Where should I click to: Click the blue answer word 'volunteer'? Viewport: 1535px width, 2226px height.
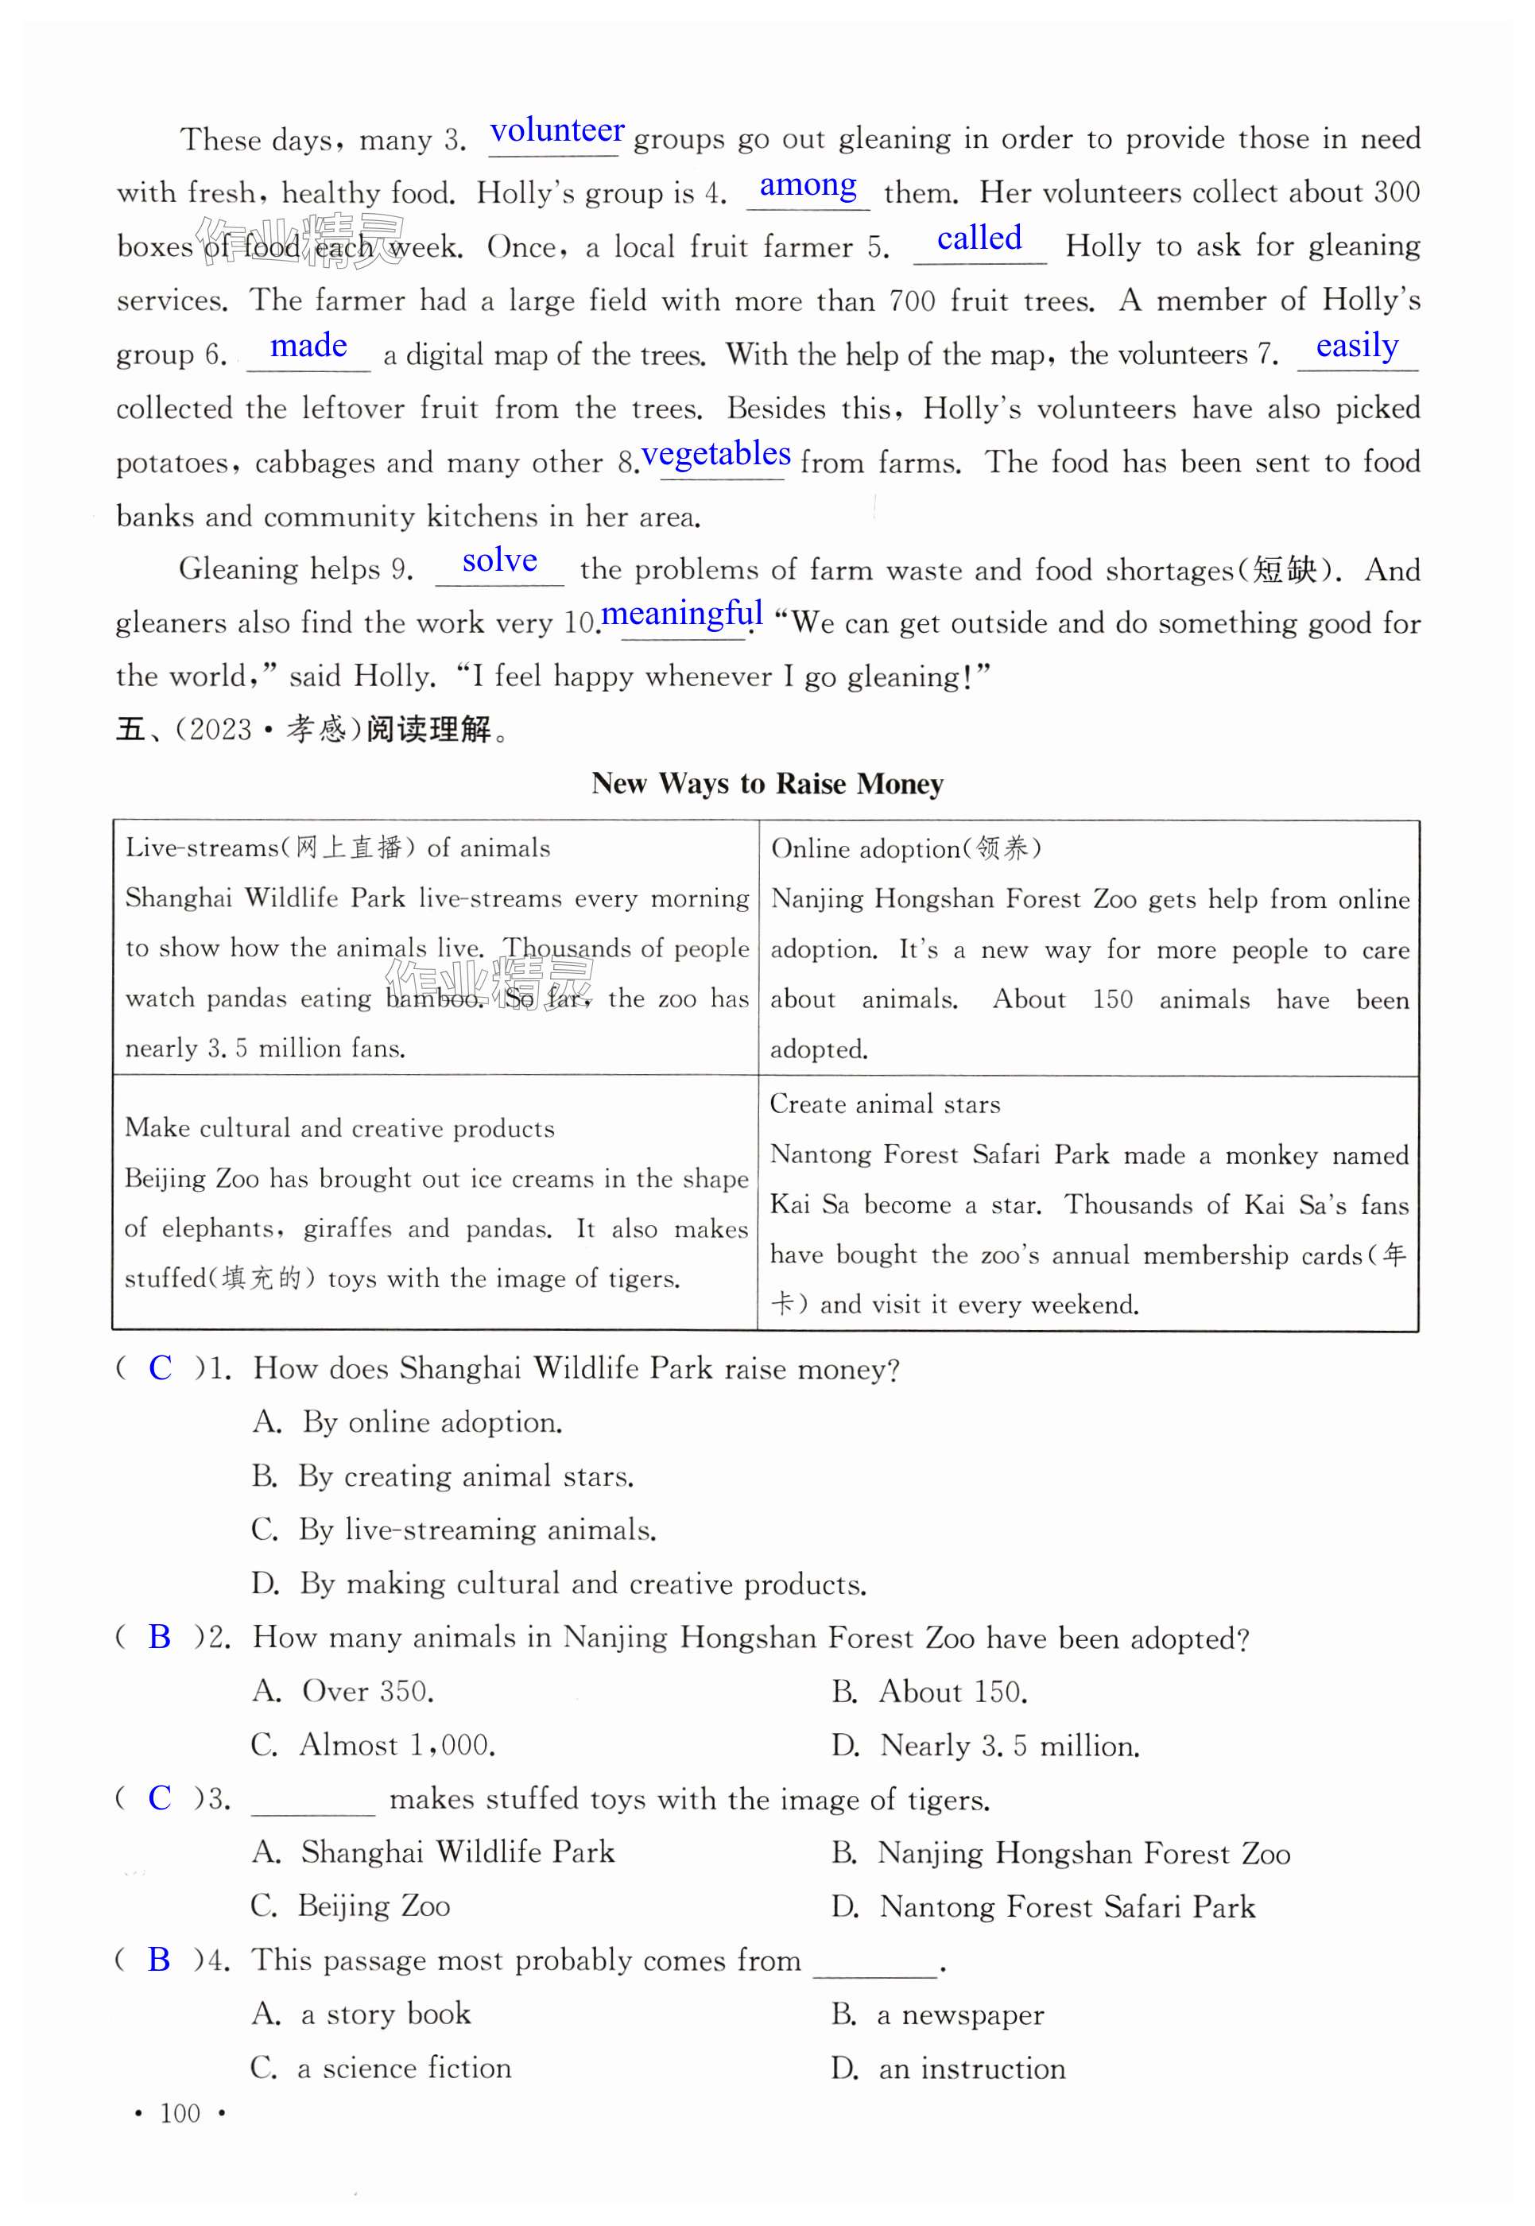pyautogui.click(x=557, y=131)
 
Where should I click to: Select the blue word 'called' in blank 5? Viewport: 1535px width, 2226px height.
pyautogui.click(x=979, y=238)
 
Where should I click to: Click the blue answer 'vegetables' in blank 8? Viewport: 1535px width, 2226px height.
pyautogui.click(x=715, y=453)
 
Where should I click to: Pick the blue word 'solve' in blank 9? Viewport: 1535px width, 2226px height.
pyautogui.click(x=499, y=560)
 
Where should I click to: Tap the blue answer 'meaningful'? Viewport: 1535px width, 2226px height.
pyautogui.click(x=681, y=613)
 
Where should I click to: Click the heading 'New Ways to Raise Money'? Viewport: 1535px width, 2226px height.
pyautogui.click(x=766, y=784)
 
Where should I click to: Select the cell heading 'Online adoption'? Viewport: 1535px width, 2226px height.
pyautogui.click(x=904, y=848)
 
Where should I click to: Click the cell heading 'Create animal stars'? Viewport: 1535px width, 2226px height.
pyautogui.click(x=884, y=1104)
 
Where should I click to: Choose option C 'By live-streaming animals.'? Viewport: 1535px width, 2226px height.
pyautogui.click(x=454, y=1530)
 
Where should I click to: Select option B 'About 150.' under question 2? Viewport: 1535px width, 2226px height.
pyautogui.click(x=929, y=1691)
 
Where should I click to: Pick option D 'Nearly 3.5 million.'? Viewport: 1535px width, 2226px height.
pyautogui.click(x=985, y=1745)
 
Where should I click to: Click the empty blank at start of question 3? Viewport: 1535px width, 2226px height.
pyautogui.click(x=312, y=1799)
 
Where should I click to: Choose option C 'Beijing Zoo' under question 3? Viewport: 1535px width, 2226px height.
pyautogui.click(x=351, y=1906)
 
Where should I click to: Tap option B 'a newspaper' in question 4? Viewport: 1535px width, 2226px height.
pyautogui.click(x=938, y=2014)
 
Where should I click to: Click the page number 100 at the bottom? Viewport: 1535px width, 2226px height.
pyautogui.click(x=180, y=2113)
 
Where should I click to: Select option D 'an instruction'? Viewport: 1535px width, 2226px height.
pyautogui.click(x=948, y=2069)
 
